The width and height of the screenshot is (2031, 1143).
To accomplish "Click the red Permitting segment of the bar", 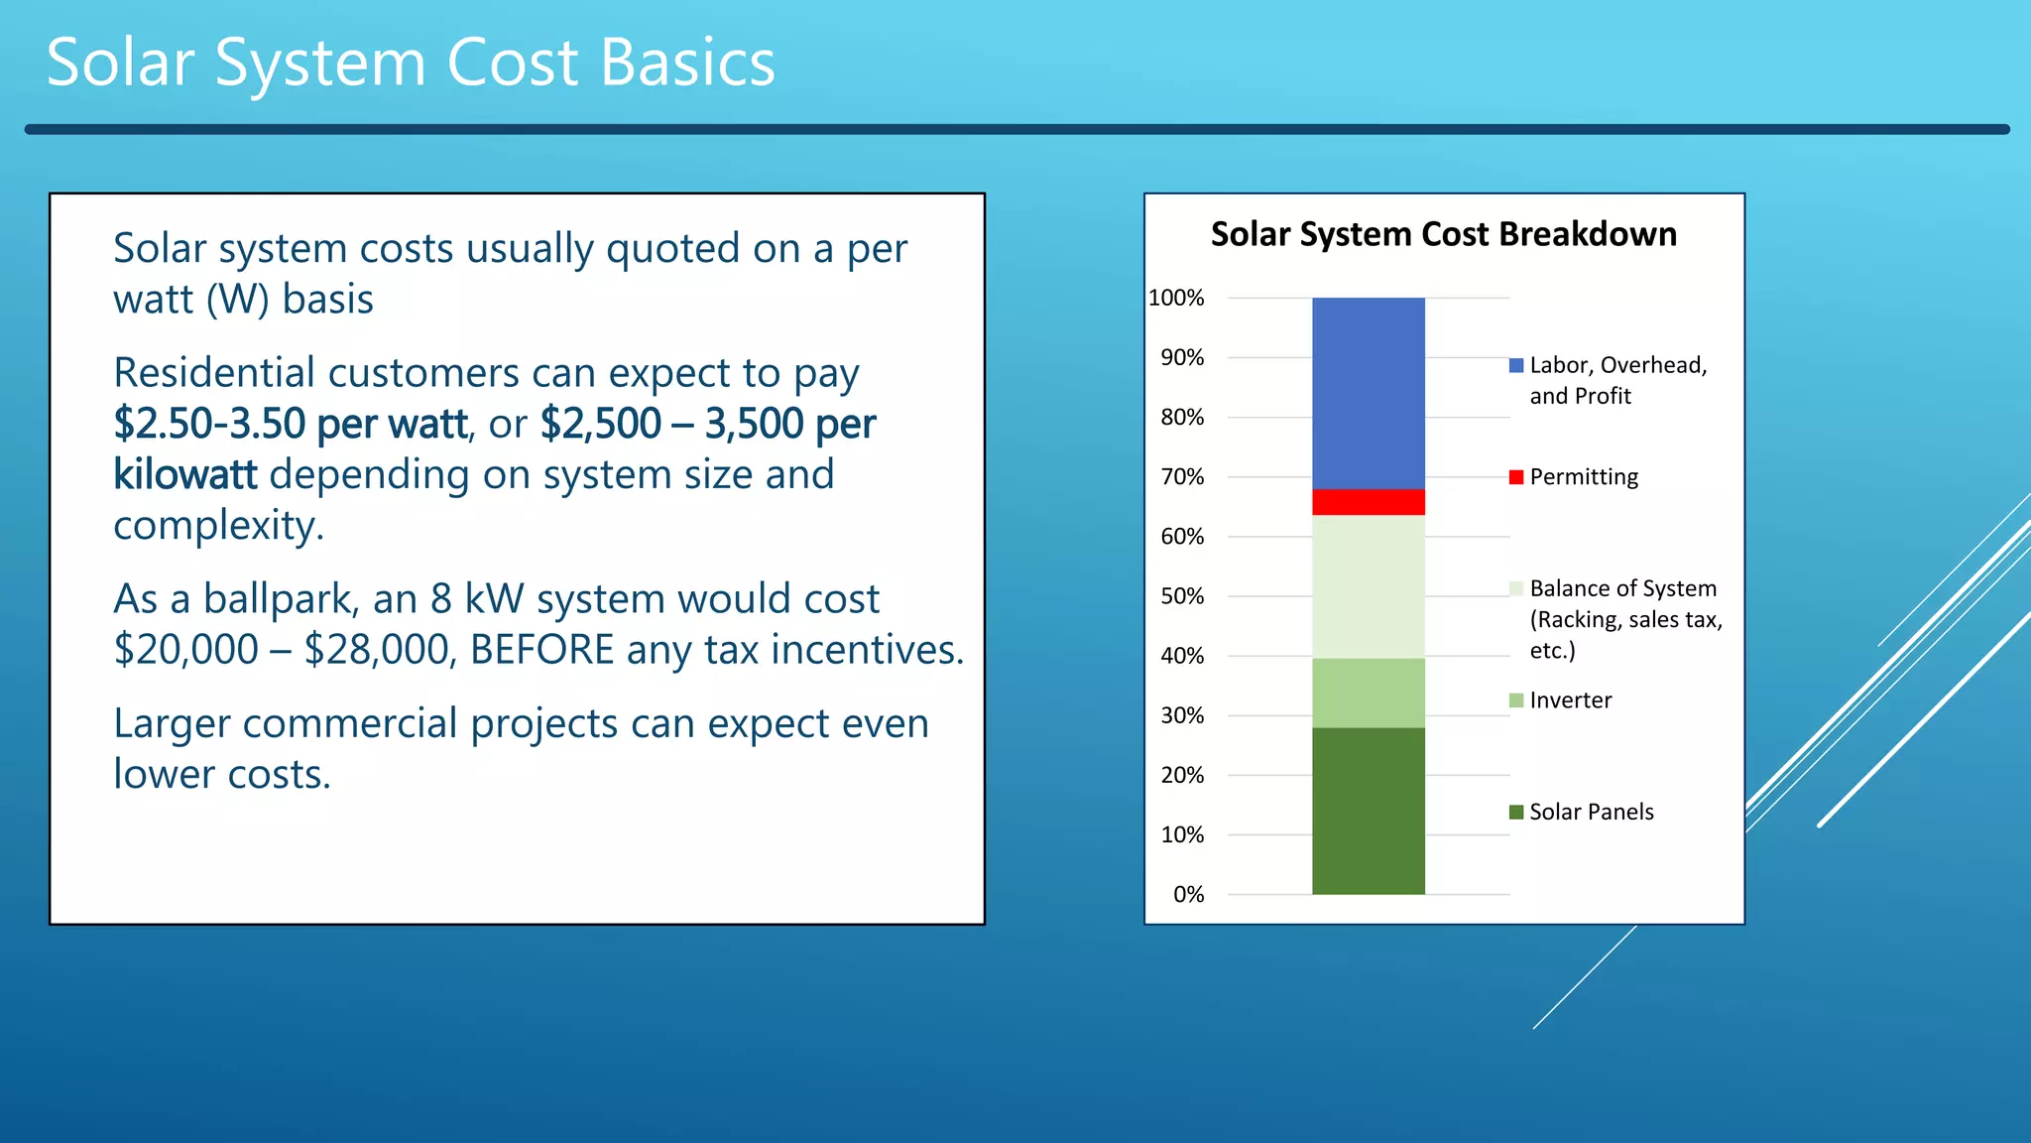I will [x=1368, y=502].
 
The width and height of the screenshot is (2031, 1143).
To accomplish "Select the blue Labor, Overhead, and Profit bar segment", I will [x=1368, y=393].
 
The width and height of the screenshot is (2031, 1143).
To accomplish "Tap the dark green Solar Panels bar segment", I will [x=1368, y=811].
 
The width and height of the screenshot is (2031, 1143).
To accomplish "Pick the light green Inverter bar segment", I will [x=1368, y=693].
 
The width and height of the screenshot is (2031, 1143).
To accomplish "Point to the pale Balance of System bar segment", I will [x=1368, y=585].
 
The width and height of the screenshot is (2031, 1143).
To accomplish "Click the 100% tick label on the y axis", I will [x=1176, y=298].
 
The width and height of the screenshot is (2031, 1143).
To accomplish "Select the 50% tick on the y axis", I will [x=1182, y=596].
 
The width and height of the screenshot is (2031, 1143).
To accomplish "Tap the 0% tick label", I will [x=1188, y=895].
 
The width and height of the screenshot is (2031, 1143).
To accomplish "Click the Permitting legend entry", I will [x=1583, y=477].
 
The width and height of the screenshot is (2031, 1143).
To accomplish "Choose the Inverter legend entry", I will [x=1570, y=700].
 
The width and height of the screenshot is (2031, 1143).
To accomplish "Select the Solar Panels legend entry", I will [x=1591, y=812].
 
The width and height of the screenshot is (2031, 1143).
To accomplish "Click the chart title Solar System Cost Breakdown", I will [x=1443, y=234].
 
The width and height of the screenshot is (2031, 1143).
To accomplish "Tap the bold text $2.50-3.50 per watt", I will [x=290, y=424].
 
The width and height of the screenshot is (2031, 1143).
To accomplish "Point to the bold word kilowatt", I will [x=185, y=474].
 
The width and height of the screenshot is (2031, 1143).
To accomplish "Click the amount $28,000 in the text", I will [x=380, y=650].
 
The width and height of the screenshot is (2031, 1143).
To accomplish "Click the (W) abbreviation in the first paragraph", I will [x=238, y=300].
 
